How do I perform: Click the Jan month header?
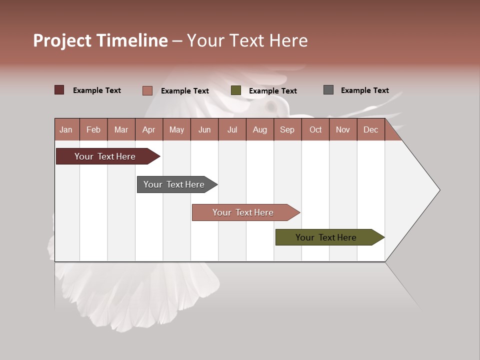click(x=66, y=129)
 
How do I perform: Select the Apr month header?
click(x=148, y=129)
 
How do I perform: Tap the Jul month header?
click(x=232, y=129)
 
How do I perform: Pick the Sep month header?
click(x=287, y=129)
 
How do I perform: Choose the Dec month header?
click(x=370, y=129)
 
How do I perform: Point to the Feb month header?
click(x=93, y=129)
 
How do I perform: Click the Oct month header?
click(x=315, y=129)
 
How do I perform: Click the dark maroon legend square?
click(x=59, y=90)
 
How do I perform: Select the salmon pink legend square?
click(x=147, y=90)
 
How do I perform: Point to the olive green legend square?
click(x=236, y=90)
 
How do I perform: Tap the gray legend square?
click(x=328, y=90)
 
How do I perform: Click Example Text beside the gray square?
click(x=364, y=90)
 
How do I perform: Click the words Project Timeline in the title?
click(x=100, y=40)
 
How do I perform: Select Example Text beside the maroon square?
click(x=97, y=90)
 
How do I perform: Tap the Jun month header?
click(x=204, y=129)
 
